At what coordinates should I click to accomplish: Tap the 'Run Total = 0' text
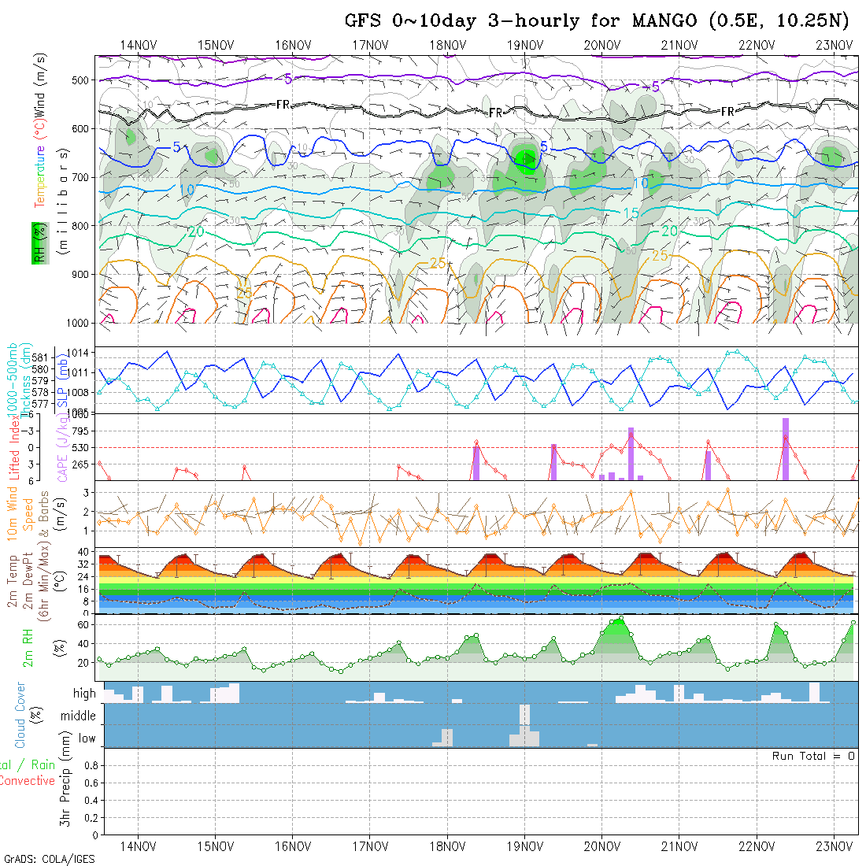tap(813, 756)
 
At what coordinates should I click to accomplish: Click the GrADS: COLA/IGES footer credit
tap(49, 858)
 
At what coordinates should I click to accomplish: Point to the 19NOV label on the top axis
tap(524, 44)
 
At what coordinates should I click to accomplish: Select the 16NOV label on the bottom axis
tap(292, 846)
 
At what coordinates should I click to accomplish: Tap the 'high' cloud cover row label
tap(84, 694)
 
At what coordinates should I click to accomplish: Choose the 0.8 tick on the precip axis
tap(89, 765)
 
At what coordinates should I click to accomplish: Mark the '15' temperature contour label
tap(631, 213)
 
